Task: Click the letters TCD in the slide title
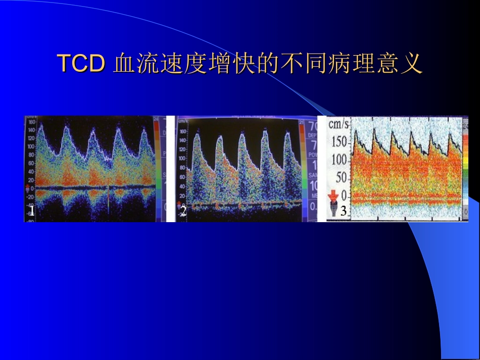point(81,64)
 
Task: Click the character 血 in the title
point(123,64)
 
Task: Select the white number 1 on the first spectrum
point(31,211)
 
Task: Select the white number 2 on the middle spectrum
point(183,212)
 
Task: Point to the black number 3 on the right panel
point(343,211)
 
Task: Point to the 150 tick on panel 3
point(340,142)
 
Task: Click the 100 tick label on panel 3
point(340,161)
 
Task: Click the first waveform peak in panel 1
point(40,127)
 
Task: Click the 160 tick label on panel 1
point(31,122)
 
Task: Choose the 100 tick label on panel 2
point(183,158)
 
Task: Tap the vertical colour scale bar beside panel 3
point(465,167)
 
